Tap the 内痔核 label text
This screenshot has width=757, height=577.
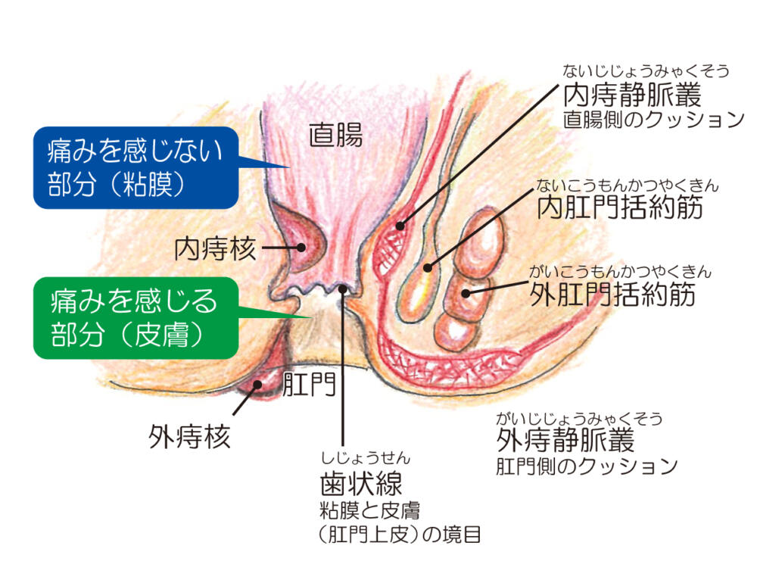tap(215, 248)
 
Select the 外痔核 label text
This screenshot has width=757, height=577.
tap(189, 436)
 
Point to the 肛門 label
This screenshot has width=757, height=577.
tap(309, 385)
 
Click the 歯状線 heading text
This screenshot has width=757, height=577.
tap(361, 483)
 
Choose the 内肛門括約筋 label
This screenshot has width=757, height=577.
tap(620, 207)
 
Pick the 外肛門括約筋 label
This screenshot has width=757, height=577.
tap(612, 294)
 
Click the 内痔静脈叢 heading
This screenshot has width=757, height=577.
tap(632, 95)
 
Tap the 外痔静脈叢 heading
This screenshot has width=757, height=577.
tap(565, 439)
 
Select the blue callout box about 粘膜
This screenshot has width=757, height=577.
tap(136, 167)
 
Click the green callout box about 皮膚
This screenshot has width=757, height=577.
tap(136, 318)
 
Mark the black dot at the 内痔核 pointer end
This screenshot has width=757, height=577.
tap(301, 247)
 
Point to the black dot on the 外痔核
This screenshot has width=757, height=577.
tap(258, 385)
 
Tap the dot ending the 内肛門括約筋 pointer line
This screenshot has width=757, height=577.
tap(427, 267)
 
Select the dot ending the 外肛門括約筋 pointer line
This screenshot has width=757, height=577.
tap(466, 292)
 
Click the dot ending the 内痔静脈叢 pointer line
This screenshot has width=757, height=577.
tap(400, 226)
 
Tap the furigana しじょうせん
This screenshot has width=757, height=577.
tap(366, 457)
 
